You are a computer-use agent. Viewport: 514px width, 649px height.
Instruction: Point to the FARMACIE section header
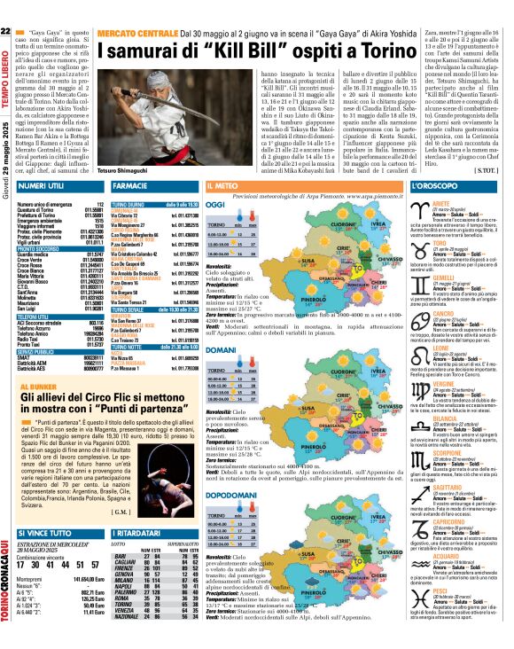129,187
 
